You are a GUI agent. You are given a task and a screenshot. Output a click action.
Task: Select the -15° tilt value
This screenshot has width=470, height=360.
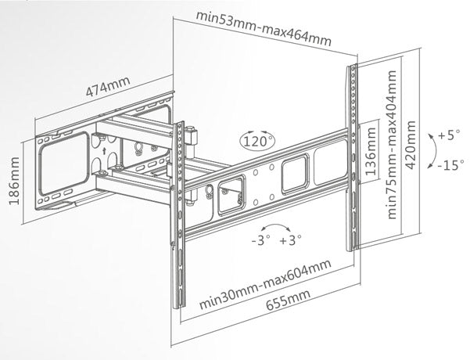(449, 166)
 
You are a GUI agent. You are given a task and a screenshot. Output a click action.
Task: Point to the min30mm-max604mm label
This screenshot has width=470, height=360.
(261, 289)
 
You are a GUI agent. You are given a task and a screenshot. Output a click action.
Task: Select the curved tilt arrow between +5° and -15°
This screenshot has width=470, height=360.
(431, 150)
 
